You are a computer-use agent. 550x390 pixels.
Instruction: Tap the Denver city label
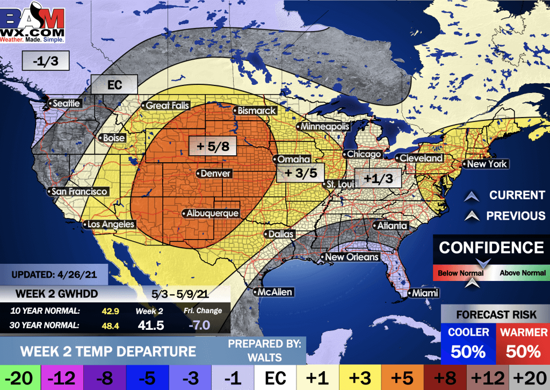point(215,174)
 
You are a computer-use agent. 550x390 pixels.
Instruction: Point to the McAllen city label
point(275,292)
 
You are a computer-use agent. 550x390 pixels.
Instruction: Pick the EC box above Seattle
point(114,84)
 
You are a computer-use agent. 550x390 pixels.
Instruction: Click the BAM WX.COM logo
point(33,24)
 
